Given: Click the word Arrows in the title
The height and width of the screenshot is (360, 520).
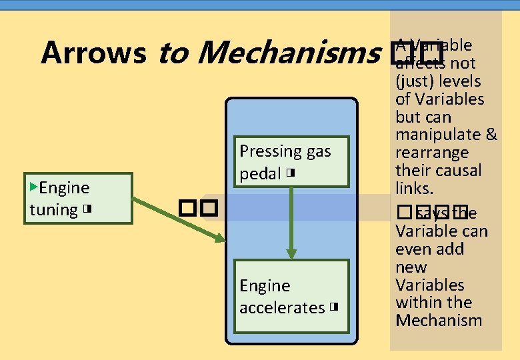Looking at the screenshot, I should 93,53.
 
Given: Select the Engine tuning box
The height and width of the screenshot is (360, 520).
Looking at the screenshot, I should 79,198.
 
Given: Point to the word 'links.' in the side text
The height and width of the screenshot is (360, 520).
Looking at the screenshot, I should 414,188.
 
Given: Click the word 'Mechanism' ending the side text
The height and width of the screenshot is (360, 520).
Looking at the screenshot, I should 439,320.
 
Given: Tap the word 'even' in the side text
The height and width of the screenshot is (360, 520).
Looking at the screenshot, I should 413,249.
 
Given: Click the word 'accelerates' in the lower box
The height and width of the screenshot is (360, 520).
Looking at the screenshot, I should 281,307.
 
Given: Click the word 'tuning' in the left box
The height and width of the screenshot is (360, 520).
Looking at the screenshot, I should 53,209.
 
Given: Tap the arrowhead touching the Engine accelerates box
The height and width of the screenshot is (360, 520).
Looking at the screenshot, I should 291,253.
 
